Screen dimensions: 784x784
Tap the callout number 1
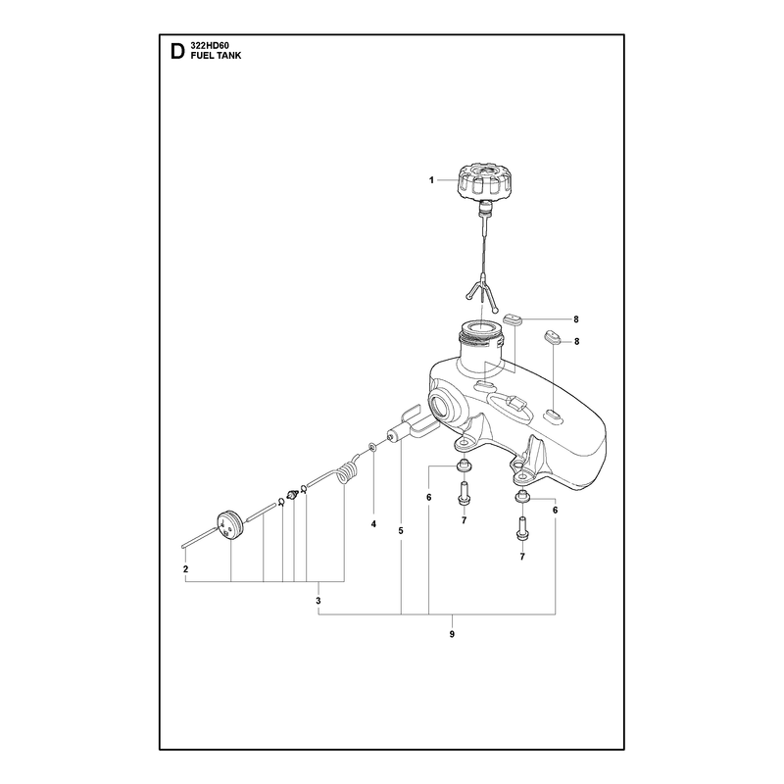click(431, 180)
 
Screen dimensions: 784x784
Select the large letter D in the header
click(177, 52)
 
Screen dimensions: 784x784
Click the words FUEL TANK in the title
click(216, 56)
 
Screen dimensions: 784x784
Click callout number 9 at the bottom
click(452, 634)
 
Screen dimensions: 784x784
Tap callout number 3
click(318, 601)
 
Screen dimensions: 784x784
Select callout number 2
click(185, 569)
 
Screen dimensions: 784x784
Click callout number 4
click(373, 524)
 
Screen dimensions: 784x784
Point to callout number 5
click(401, 530)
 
